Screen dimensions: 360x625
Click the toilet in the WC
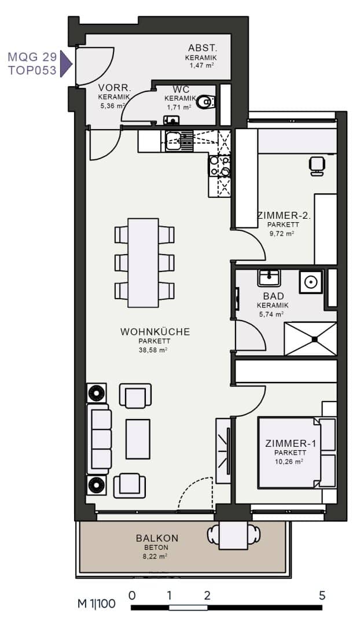(x=205, y=102)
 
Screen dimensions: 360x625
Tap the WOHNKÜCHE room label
(x=155, y=332)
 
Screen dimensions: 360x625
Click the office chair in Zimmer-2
(x=317, y=166)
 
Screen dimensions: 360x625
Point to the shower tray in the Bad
(x=310, y=339)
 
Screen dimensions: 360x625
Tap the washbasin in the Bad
(x=269, y=278)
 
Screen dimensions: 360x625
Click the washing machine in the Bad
(x=311, y=282)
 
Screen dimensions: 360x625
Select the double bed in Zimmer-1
(x=296, y=453)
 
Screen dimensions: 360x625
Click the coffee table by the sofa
(x=138, y=439)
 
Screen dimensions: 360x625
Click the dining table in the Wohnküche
(x=143, y=263)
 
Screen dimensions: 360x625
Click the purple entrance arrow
(x=66, y=64)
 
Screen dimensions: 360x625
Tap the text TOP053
(x=32, y=71)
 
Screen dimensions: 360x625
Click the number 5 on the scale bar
(x=322, y=595)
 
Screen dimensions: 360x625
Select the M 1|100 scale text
(x=97, y=604)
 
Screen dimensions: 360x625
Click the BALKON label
(x=157, y=538)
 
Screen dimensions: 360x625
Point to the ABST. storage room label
(x=203, y=48)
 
